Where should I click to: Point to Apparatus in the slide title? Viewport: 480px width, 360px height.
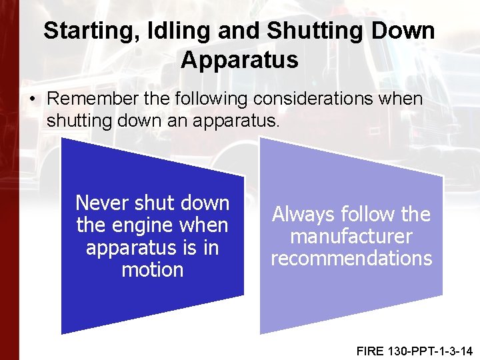coord(239,59)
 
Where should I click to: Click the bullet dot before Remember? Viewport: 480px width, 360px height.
coord(33,99)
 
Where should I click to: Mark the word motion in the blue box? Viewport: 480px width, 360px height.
coord(153,270)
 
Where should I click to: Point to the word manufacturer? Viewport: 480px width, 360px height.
coord(351,237)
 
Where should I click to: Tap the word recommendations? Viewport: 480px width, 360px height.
coord(351,259)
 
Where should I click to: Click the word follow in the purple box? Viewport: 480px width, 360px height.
coord(363,215)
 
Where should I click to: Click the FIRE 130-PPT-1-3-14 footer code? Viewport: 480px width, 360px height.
coord(413,349)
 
